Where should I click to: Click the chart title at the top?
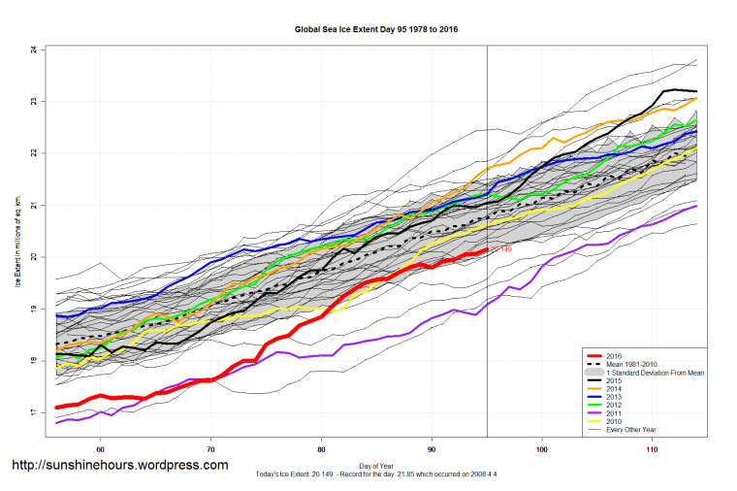pos(375,29)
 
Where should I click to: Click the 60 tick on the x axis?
pos(100,450)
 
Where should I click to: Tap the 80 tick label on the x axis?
pos(321,450)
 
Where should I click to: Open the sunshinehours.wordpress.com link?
pos(120,465)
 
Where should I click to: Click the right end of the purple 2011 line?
pos(696,206)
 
